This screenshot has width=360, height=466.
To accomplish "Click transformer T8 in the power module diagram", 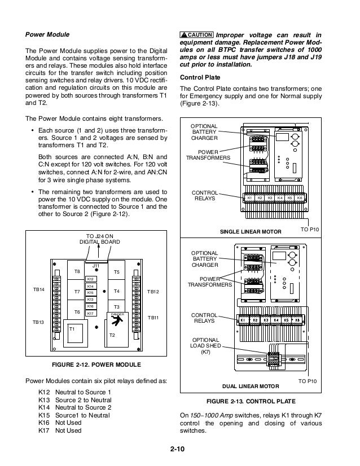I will tap(77, 272).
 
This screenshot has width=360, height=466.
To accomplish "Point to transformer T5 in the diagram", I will tap(117, 272).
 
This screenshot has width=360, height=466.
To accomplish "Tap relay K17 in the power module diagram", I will tap(90, 313).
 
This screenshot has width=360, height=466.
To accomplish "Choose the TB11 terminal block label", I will tap(153, 319).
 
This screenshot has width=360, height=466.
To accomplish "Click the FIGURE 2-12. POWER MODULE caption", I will tap(96, 364).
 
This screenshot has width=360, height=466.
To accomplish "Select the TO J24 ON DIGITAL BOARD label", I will tap(99, 239).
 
